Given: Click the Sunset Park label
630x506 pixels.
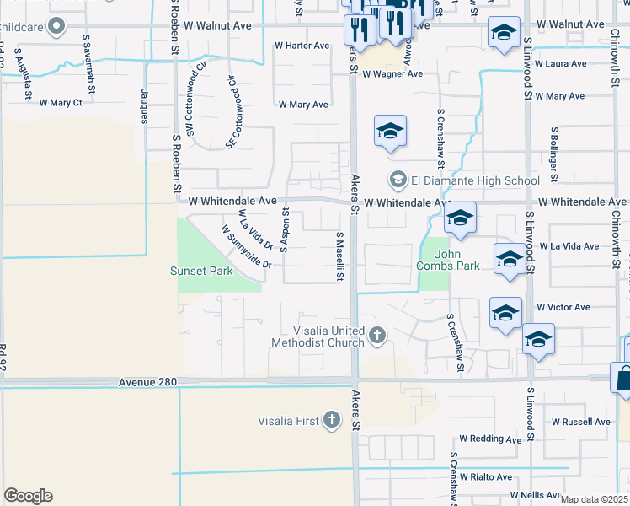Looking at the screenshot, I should click(201, 272).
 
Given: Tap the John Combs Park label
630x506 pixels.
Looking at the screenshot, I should click(448, 259).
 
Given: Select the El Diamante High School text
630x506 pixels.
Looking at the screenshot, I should click(475, 180).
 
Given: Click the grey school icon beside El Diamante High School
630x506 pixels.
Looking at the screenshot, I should click(398, 180).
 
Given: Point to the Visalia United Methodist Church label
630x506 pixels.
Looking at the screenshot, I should click(318, 336).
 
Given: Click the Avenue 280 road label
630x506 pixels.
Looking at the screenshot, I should click(148, 382).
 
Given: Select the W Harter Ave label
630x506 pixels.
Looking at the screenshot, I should click(302, 46).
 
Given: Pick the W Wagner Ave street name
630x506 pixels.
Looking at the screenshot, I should click(392, 74).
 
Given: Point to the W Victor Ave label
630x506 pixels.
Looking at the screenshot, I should click(563, 307).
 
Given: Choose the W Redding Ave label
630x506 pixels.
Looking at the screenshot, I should click(491, 439).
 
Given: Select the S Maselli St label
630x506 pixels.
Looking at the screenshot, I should click(340, 257).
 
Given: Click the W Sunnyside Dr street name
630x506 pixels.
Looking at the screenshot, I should click(246, 246).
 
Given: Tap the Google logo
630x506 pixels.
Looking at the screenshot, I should click(29, 496).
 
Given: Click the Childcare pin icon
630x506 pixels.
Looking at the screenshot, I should click(56, 27).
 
